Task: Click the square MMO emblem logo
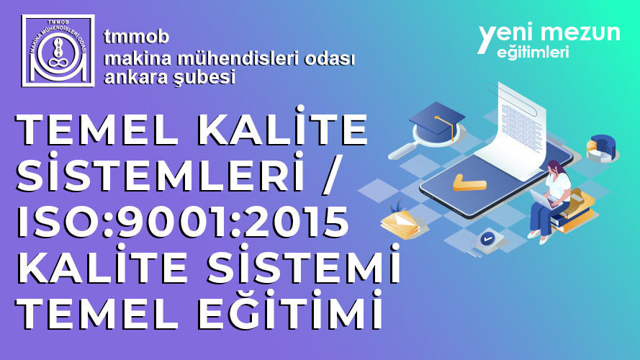pos(58,50)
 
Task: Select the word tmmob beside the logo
pos(136,37)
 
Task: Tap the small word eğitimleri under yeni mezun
pos(533,53)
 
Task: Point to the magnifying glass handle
pos(402,153)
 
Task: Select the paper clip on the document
pos(513,98)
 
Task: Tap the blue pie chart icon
pos(602,148)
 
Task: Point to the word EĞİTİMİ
pos(290,311)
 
